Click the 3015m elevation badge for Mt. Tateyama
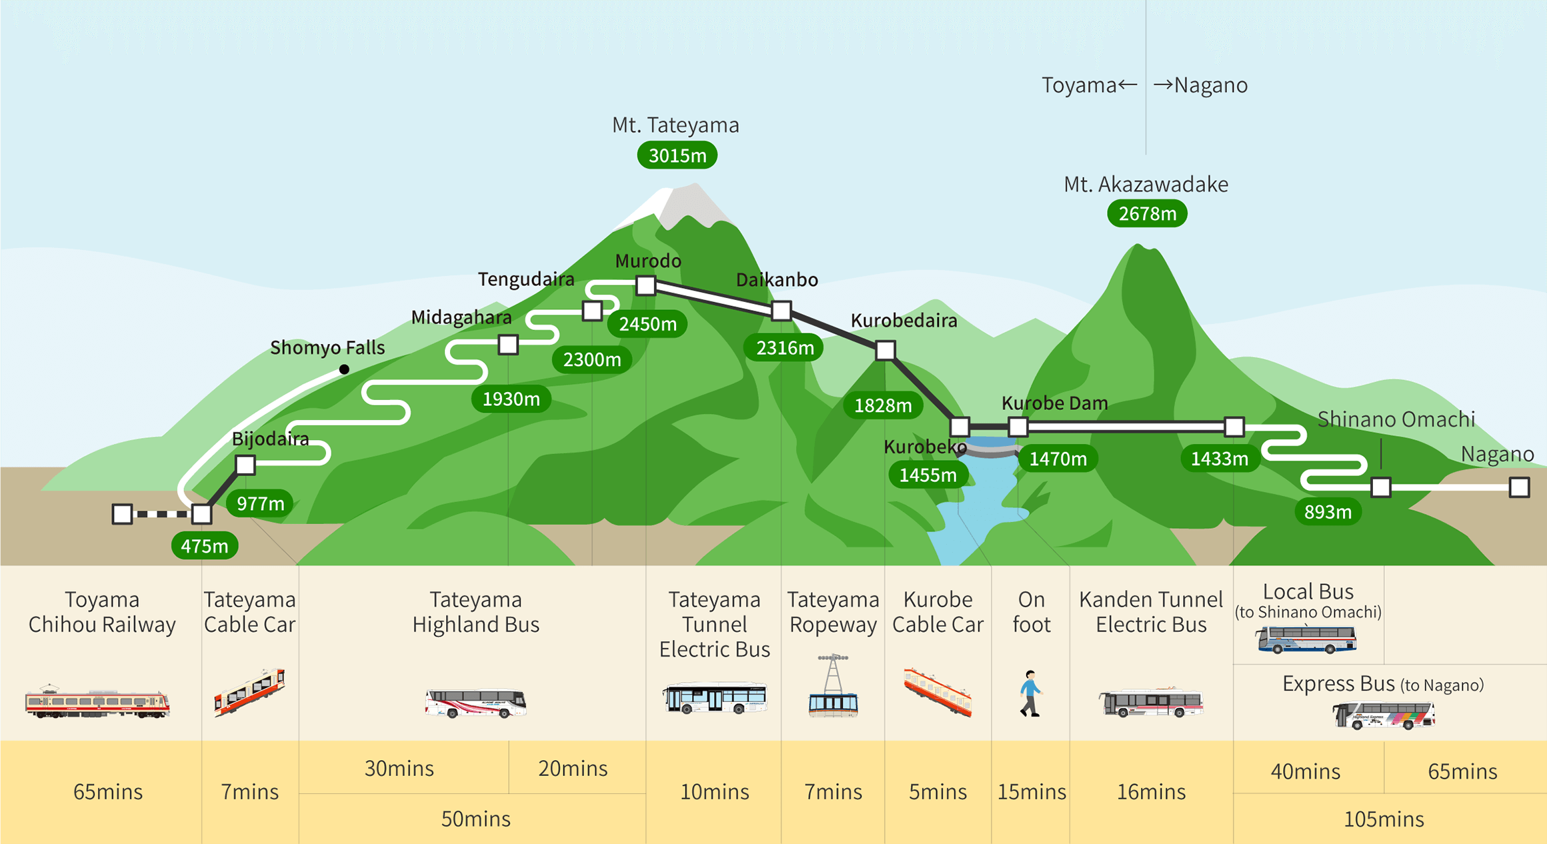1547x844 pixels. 677,156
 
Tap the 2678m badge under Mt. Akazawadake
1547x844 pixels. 1147,214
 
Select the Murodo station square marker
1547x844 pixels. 645,286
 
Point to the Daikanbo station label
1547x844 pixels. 777,280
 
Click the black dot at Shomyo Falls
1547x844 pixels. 344,369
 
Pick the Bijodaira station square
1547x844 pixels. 245,465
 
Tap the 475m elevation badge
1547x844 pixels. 205,547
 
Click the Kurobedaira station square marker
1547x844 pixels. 885,350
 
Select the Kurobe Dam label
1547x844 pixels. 1054,403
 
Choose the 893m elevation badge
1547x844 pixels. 1328,512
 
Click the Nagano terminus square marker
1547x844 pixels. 1519,487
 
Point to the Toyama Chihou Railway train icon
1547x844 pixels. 97,702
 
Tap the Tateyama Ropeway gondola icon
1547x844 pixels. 833,687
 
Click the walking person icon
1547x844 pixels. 1030,694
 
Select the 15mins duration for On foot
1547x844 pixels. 1031,792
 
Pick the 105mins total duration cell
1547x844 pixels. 1384,819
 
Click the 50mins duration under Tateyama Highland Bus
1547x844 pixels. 475,819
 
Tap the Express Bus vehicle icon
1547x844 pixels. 1384,716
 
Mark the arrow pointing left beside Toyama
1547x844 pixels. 1128,85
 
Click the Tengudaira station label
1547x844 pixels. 526,279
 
